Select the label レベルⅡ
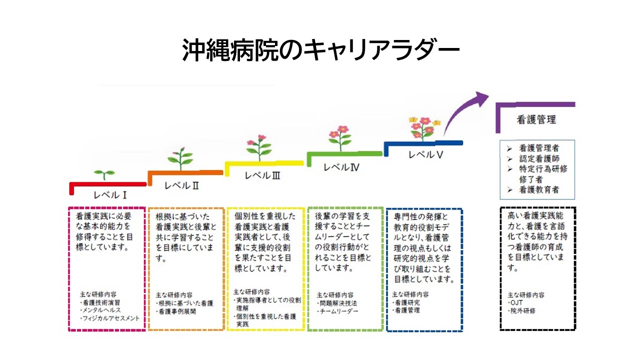pyautogui.click(x=182, y=185)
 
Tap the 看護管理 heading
pyautogui.click(x=536, y=120)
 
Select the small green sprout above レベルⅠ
pyautogui.click(x=104, y=174)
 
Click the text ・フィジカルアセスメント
pyautogui.click(x=110, y=318)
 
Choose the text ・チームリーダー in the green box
pyautogui.click(x=337, y=311)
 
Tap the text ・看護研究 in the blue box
pyautogui.click(x=406, y=302)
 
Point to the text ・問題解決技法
pyautogui.click(x=337, y=303)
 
